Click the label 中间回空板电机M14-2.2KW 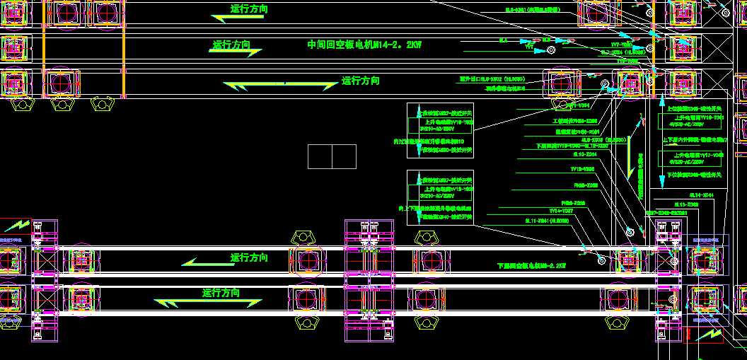click(x=364, y=45)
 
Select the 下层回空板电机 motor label click(x=531, y=266)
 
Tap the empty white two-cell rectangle click(x=332, y=156)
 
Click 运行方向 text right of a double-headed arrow click(x=360, y=81)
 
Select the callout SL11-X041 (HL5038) click(x=547, y=221)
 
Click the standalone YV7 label click(x=529, y=47)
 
